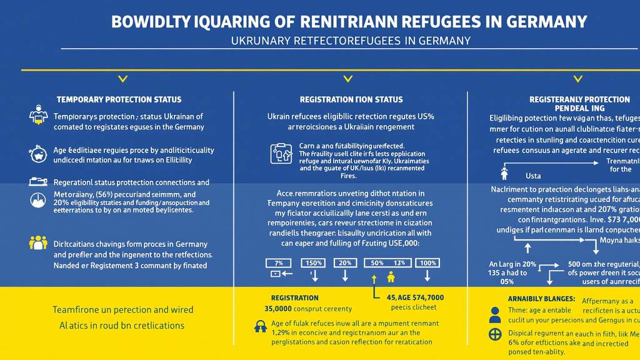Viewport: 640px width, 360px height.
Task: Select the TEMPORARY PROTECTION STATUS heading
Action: coord(119,99)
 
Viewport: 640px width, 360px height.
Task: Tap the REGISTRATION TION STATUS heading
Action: coord(351,99)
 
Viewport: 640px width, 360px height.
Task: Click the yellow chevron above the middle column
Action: coord(348,79)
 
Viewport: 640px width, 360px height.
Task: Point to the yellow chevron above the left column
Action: coord(123,79)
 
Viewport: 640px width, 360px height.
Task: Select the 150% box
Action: coord(313,262)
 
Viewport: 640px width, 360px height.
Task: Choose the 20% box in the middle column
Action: coord(345,262)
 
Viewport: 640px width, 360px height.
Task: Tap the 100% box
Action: coord(429,262)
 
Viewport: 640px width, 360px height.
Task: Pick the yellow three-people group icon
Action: coord(39,242)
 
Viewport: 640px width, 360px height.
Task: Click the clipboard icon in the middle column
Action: coord(281,153)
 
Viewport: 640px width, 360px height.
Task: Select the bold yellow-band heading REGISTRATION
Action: coord(294,298)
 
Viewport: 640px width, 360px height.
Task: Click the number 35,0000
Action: coord(279,309)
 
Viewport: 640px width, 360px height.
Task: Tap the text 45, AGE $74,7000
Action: coord(415,297)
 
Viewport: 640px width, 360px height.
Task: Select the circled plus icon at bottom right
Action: coord(495,334)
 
